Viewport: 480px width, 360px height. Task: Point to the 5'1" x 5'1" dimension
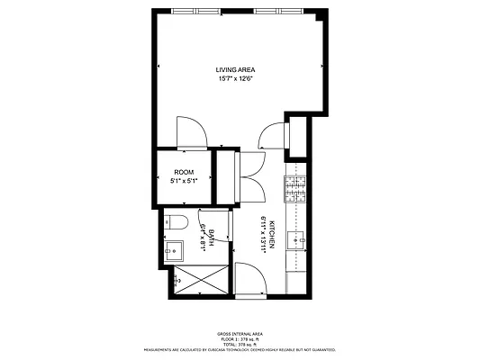184,181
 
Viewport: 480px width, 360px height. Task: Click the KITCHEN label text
269,236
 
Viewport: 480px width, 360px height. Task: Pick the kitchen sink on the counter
298,239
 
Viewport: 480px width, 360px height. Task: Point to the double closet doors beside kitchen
250,175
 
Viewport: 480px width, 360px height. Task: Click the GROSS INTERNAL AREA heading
239,333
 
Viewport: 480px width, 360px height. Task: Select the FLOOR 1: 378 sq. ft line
239,338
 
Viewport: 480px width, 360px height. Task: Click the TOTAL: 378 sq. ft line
239,344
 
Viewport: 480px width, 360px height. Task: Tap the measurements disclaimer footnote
239,349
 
